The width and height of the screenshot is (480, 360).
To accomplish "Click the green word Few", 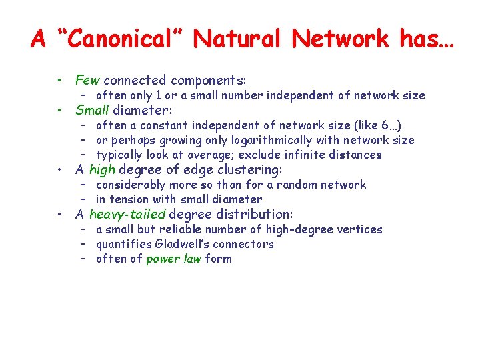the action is point(87,80).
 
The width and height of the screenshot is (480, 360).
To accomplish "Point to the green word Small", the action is point(92,110).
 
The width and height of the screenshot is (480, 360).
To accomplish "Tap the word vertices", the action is point(361,229).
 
